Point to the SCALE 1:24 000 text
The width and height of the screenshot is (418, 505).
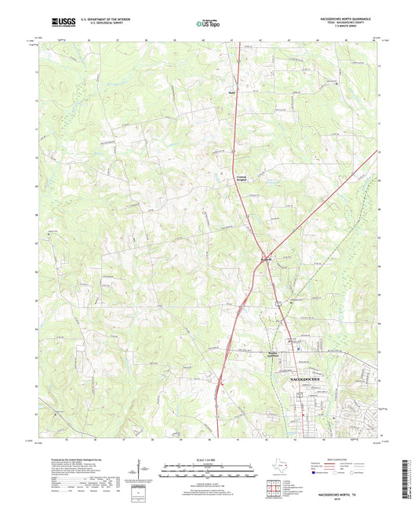tap(208, 460)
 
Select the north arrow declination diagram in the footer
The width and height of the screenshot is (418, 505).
tap(144, 470)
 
